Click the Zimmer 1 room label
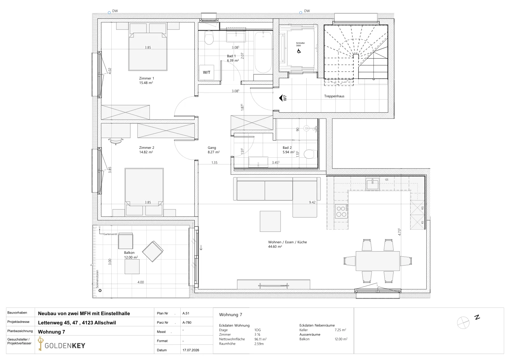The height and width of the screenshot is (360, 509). (146, 81)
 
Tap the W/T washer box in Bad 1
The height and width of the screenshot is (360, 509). (206, 73)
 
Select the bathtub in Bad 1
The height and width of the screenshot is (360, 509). (263, 53)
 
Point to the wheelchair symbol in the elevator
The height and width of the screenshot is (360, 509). (299, 51)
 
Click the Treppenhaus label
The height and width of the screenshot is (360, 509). (334, 96)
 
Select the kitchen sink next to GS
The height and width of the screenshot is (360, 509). (373, 184)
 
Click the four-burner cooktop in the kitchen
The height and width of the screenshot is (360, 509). (341, 211)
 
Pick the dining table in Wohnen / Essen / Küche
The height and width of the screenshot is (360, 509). (378, 261)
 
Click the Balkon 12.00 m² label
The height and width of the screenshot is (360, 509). (131, 255)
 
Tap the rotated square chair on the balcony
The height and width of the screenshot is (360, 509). (153, 251)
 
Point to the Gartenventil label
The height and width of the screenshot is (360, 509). (110, 234)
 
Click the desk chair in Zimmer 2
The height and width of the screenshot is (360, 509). (116, 141)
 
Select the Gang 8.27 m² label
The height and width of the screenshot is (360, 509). (213, 150)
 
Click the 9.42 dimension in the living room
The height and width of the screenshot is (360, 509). (312, 202)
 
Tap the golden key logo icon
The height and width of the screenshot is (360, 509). (40, 344)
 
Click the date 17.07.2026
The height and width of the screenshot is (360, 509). (191, 350)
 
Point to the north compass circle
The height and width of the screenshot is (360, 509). (463, 322)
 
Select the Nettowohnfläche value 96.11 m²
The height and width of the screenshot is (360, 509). (261, 339)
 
